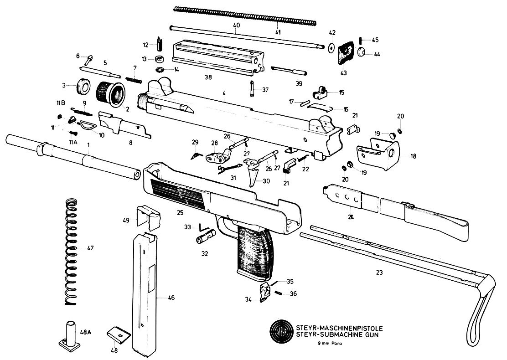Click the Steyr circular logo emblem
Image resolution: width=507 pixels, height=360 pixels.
coord(281,331)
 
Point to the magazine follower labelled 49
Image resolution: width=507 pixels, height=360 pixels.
coord(149,217)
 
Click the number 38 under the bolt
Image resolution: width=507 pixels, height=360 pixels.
coord(208,77)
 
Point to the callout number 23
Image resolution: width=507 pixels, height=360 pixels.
coord(379,273)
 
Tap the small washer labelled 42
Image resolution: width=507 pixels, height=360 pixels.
coord(331,47)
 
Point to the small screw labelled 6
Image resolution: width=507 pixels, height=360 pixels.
coord(87,58)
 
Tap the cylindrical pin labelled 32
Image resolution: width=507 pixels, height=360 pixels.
coord(202,239)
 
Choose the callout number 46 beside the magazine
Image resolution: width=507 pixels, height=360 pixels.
coord(171,298)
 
